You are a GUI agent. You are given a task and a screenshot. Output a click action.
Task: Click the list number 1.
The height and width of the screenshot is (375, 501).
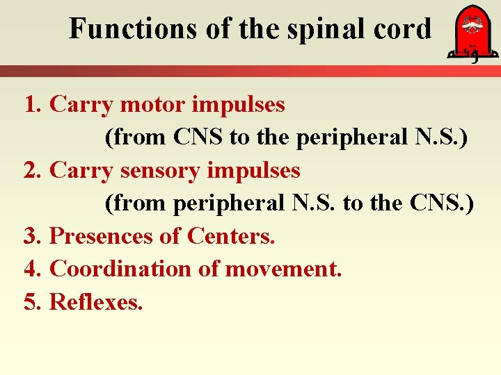31,105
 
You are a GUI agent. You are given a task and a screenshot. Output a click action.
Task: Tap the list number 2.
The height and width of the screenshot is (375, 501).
31,170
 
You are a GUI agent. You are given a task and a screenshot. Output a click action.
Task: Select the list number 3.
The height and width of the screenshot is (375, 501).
31,235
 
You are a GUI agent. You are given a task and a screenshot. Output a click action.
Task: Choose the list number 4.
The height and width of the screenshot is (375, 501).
31,268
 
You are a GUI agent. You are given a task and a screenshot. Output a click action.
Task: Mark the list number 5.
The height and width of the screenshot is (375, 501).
31,301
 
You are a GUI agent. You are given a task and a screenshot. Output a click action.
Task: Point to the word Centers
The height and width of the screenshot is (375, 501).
230,235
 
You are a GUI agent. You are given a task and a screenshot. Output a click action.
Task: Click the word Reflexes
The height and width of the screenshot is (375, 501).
96,301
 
